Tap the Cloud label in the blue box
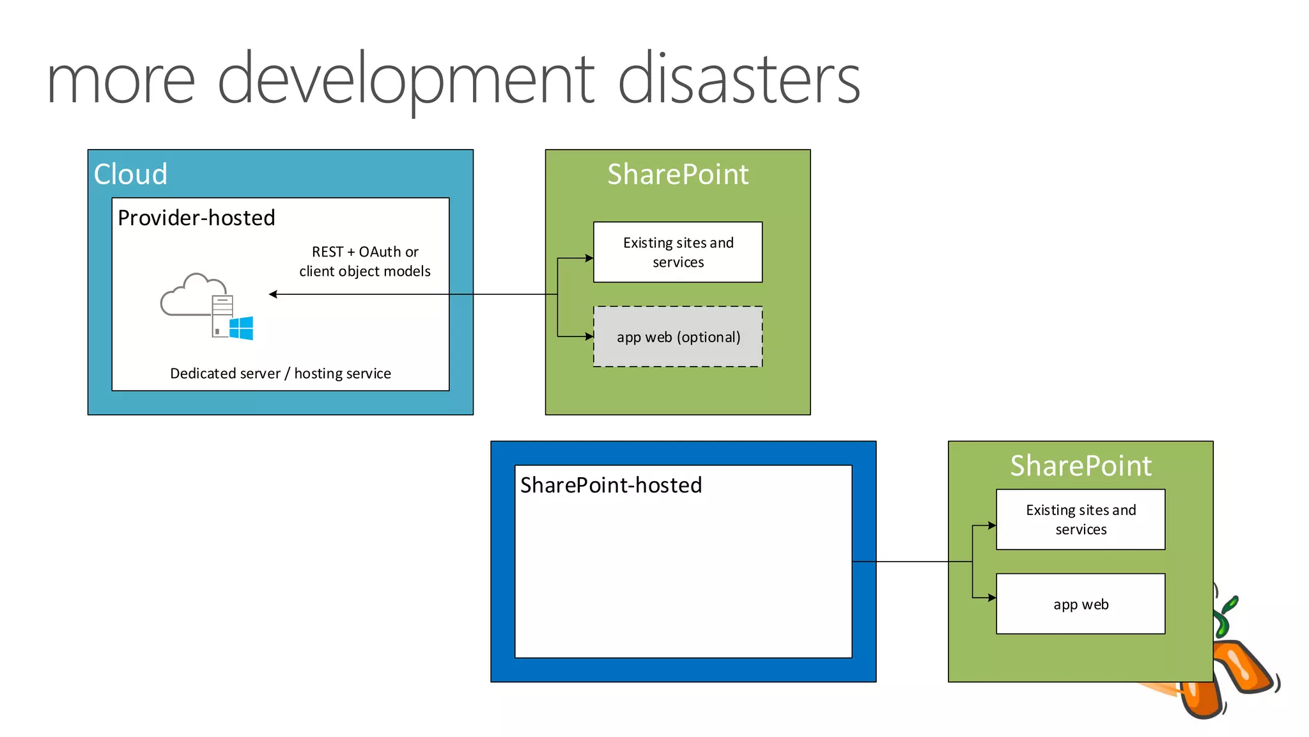tap(130, 174)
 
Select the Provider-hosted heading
tap(196, 218)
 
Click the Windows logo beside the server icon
tap(242, 328)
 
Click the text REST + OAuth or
tap(365, 252)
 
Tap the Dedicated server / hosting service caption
tap(280, 374)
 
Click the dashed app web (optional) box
tap(678, 337)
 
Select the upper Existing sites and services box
tap(678, 252)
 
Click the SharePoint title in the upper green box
tap(678, 174)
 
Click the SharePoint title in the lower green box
tap(1080, 466)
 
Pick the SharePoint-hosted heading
tap(610, 486)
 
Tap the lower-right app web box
tap(1080, 604)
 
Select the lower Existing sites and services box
tap(1080, 519)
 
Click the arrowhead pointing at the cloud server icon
tap(273, 294)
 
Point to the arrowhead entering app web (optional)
tap(589, 336)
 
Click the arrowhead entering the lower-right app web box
tap(992, 598)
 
